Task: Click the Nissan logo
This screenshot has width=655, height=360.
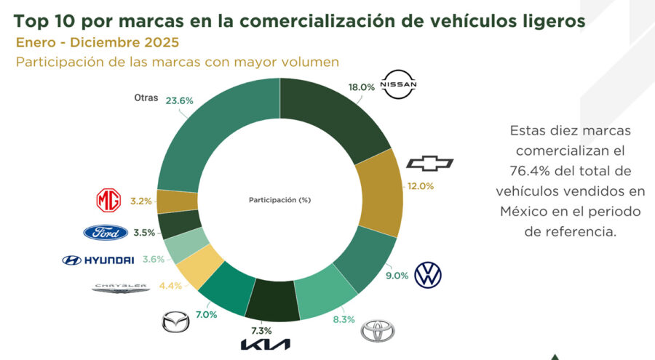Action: click(400, 85)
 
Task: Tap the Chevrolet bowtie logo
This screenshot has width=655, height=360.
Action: click(429, 163)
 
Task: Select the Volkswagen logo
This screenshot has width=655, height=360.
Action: click(428, 274)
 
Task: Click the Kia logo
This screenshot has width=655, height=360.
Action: click(265, 344)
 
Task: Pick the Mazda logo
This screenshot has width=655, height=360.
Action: click(175, 321)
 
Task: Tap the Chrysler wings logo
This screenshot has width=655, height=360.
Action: click(120, 288)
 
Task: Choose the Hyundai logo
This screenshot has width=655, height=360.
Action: click(98, 260)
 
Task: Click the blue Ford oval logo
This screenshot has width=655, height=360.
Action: click(106, 233)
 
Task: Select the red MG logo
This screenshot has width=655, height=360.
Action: click(108, 200)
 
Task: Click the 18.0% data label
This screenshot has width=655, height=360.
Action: click(362, 87)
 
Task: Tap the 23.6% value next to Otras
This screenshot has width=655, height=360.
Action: click(178, 101)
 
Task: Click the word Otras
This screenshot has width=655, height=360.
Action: click(146, 98)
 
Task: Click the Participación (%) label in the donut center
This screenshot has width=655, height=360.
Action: click(279, 199)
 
